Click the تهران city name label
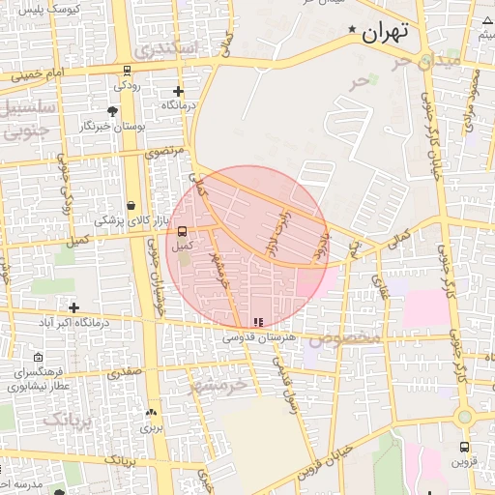[386, 32]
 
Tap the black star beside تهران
[352, 31]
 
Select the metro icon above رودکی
[127, 70]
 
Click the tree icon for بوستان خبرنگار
[113, 112]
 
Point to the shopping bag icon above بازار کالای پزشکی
[131, 205]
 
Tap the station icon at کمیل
[182, 230]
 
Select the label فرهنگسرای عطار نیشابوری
[40, 378]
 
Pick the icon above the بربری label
[150, 413]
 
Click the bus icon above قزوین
[465, 448]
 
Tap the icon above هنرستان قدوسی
[256, 322]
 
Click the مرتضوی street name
[163, 151]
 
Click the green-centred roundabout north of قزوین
[465, 416]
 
